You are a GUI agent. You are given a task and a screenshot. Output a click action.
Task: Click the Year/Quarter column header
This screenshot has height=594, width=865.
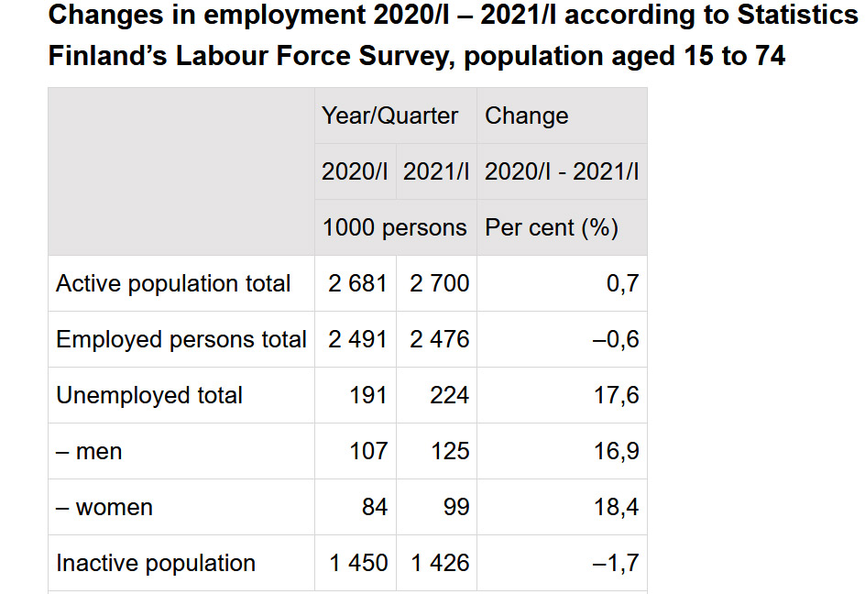(389, 115)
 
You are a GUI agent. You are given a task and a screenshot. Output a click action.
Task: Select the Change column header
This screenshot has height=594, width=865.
(526, 115)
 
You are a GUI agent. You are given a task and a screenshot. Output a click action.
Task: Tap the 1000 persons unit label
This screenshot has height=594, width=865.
(394, 227)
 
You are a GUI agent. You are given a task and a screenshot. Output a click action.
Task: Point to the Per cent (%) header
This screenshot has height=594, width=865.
(552, 227)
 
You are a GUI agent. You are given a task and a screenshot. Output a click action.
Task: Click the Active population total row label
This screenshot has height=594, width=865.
(173, 284)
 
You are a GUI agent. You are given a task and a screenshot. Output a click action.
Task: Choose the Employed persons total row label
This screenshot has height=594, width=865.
(181, 340)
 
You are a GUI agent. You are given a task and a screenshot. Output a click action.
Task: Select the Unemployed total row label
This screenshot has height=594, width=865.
(149, 396)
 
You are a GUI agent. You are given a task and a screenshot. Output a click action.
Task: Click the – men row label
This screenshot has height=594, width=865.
(89, 452)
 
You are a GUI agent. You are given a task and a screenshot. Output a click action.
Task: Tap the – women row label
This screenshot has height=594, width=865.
(104, 508)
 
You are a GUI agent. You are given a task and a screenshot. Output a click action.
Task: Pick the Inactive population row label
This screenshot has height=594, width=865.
(156, 564)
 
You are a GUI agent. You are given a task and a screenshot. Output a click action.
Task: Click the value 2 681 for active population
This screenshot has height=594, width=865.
(357, 284)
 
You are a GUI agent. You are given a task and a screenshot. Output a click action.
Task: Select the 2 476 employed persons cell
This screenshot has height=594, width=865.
(439, 340)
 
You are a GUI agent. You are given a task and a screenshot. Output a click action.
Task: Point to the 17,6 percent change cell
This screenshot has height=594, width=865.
(617, 396)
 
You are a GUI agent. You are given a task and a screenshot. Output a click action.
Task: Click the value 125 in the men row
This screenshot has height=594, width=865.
(449, 452)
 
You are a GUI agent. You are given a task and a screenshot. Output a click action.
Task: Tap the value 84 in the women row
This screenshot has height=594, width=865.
(374, 508)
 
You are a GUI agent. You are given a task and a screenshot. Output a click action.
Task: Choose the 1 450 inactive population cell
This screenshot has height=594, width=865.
(358, 564)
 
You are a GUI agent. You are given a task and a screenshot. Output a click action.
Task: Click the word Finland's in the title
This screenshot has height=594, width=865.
(106, 56)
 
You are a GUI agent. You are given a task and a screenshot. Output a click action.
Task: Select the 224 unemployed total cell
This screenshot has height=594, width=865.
(449, 396)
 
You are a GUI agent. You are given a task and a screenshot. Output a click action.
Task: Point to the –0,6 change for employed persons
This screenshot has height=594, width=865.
(615, 340)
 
